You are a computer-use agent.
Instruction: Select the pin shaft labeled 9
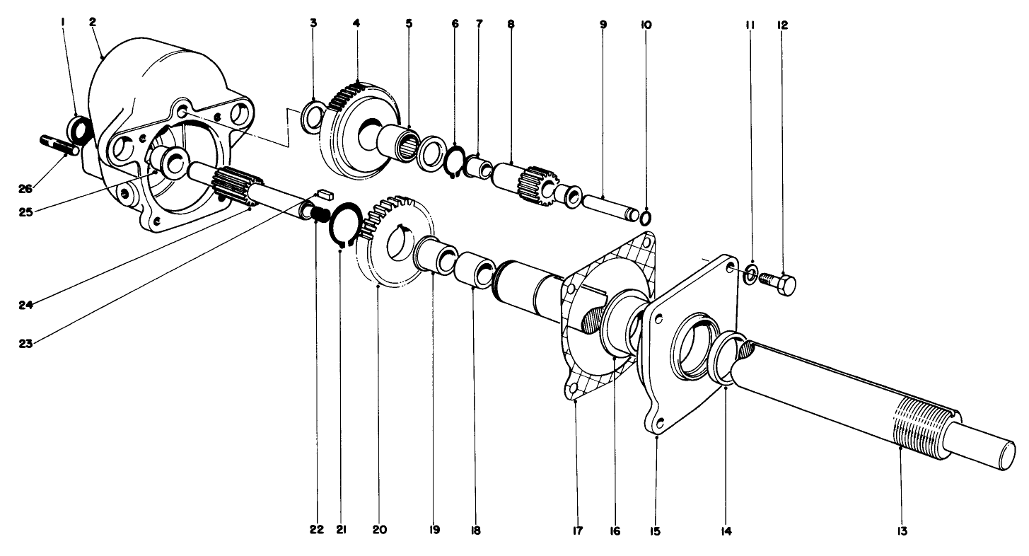click(607, 205)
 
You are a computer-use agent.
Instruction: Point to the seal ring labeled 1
click(80, 130)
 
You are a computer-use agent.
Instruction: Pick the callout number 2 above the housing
click(93, 22)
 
